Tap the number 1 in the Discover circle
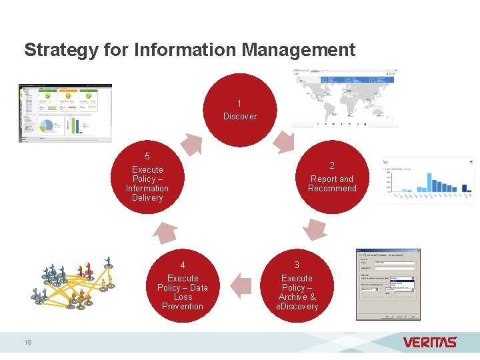coord(239,103)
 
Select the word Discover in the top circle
coord(239,116)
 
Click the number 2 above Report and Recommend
coord(332,165)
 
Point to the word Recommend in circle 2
coord(332,189)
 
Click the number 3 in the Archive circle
coord(297,265)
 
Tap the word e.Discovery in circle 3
coord(297,307)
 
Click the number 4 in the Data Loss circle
coord(183,265)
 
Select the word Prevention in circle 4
coord(183,307)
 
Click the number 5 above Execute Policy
coord(147,155)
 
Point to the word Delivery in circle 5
coord(147,198)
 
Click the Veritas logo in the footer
coord(430,342)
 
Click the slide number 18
coord(27,342)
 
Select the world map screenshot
coord(345,97)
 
